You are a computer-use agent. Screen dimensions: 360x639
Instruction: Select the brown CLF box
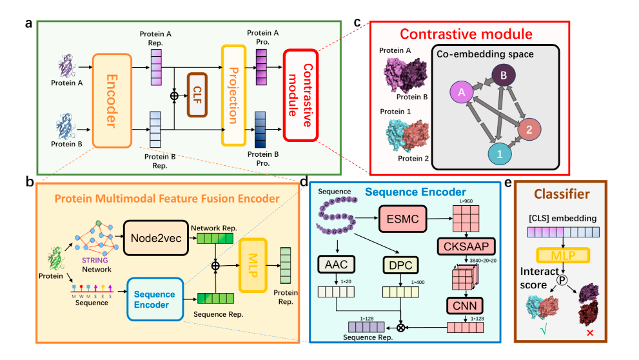[196, 95]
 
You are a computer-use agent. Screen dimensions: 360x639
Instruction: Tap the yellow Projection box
[233, 95]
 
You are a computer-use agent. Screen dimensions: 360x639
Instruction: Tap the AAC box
[337, 264]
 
